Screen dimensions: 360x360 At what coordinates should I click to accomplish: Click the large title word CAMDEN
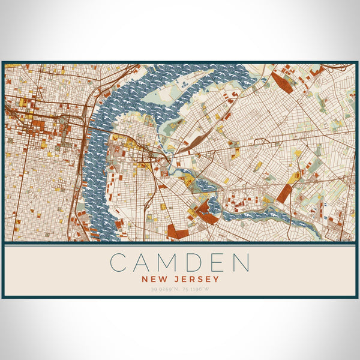[179, 262]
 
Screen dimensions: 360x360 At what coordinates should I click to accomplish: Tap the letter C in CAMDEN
[119, 262]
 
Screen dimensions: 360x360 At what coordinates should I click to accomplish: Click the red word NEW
[154, 278]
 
